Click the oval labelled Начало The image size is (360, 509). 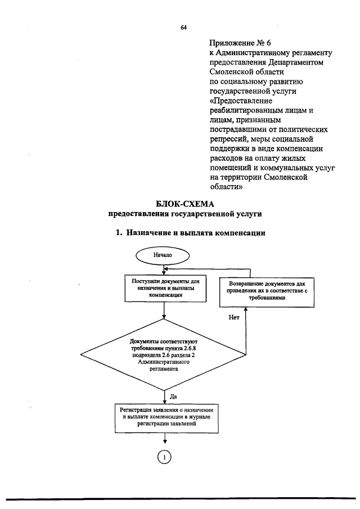tap(163, 255)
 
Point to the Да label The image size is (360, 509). tap(173, 396)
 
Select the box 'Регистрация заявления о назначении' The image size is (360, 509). tap(166, 417)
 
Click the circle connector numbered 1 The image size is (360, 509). tap(164, 457)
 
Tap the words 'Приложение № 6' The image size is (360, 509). tap(236, 43)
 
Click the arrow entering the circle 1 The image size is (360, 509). tap(164, 442)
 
